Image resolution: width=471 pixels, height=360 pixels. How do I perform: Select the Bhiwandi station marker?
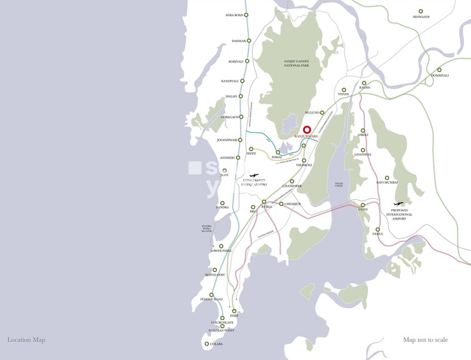click(420, 11)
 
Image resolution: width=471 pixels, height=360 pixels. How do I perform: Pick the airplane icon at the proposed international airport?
click(399, 204)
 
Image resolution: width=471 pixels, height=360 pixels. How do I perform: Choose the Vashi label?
click(362, 210)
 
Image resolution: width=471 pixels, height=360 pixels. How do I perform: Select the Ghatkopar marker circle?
click(292, 182)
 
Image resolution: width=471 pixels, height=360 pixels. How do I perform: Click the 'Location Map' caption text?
click(26, 340)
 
